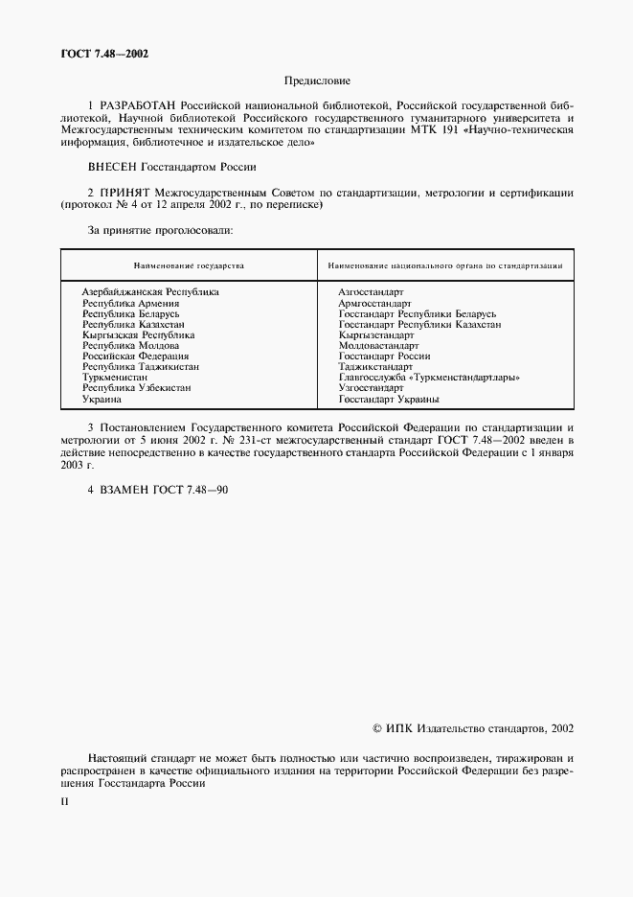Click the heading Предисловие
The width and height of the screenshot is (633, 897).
click(x=318, y=81)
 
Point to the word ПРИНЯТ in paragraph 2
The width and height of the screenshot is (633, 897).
click(x=127, y=193)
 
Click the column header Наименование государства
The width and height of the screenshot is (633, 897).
click(x=189, y=265)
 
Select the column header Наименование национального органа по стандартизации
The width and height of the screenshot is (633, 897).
click(x=445, y=265)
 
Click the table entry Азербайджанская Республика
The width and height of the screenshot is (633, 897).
click(x=150, y=290)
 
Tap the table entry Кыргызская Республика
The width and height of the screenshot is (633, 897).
click(x=138, y=335)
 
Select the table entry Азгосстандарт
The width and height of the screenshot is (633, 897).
click(x=372, y=290)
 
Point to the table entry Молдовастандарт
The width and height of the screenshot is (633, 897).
click(x=378, y=346)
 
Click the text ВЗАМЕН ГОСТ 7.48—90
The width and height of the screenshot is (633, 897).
click(x=158, y=490)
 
